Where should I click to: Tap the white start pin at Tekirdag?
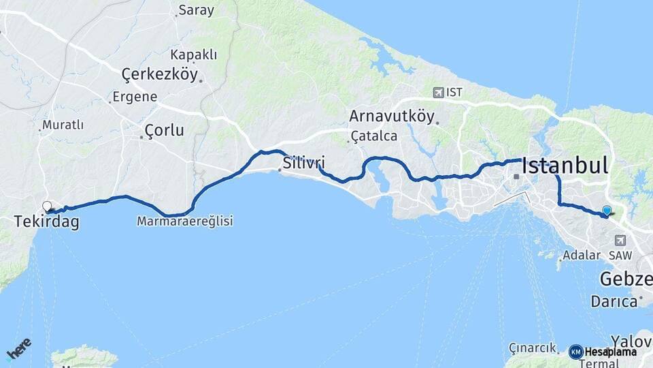click(x=47, y=206)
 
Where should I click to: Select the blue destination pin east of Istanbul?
click(x=607, y=211)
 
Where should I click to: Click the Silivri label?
click(x=303, y=164)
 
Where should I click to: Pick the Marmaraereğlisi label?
click(x=184, y=221)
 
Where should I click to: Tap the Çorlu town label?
click(x=165, y=130)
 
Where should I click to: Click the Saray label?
click(x=196, y=10)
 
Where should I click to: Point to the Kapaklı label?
click(x=194, y=55)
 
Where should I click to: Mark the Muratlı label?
click(x=63, y=125)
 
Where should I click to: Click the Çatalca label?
click(x=373, y=136)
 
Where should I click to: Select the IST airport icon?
click(x=438, y=92)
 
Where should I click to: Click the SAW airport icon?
click(x=620, y=241)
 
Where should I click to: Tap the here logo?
click(x=18, y=348)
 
